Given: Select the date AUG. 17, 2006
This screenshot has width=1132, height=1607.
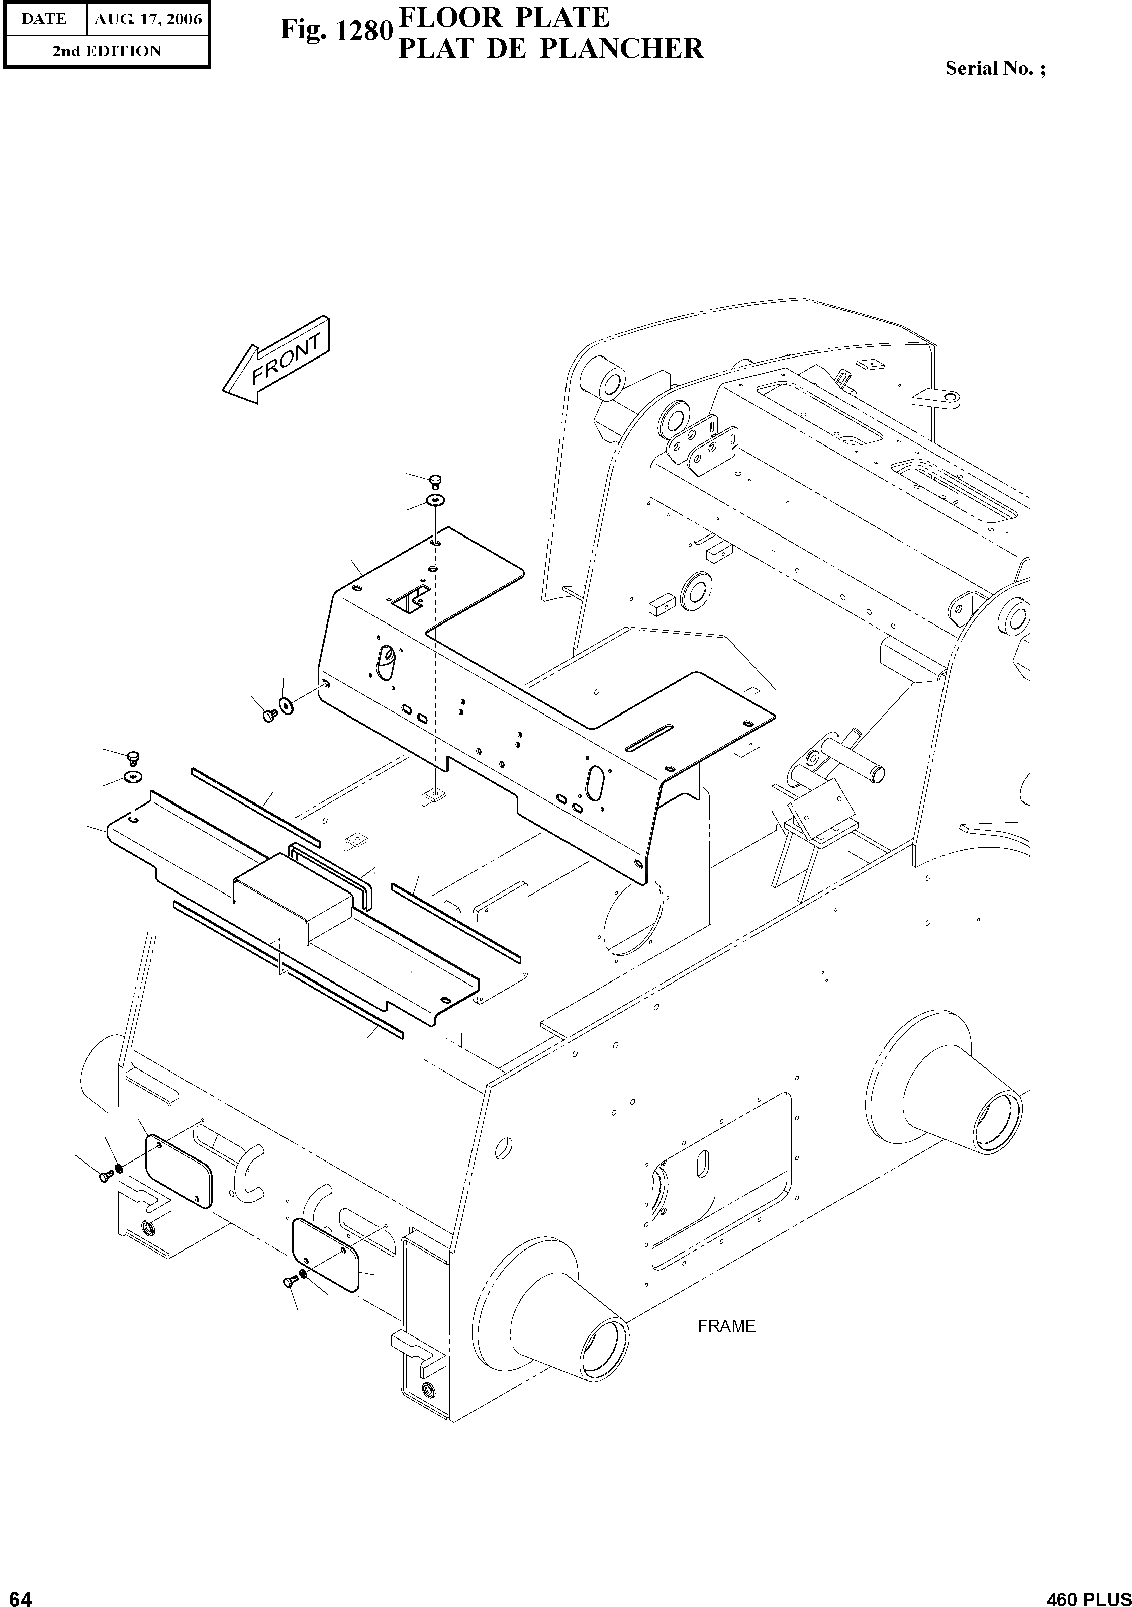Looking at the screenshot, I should pos(148,19).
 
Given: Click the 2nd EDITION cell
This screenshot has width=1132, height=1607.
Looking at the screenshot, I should pos(107,51).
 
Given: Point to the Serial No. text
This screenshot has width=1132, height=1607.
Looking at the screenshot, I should pos(995,68).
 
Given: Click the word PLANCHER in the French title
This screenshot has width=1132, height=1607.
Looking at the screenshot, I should pos(623,49).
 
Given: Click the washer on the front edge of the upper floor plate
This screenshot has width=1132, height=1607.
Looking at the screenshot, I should pos(286,705).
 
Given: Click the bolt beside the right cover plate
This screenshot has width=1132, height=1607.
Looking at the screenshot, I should pos(288,1280).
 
